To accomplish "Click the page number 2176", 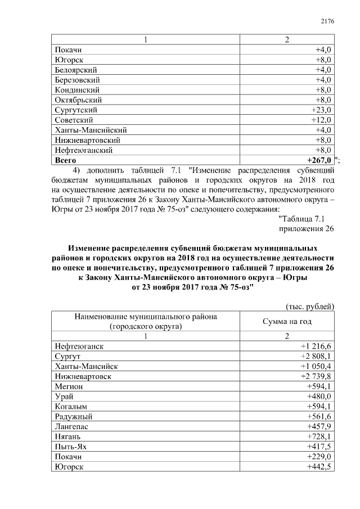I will (327, 21).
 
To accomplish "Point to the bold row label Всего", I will (65, 161).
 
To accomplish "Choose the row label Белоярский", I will (76, 70).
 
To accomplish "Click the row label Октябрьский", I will (78, 100).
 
